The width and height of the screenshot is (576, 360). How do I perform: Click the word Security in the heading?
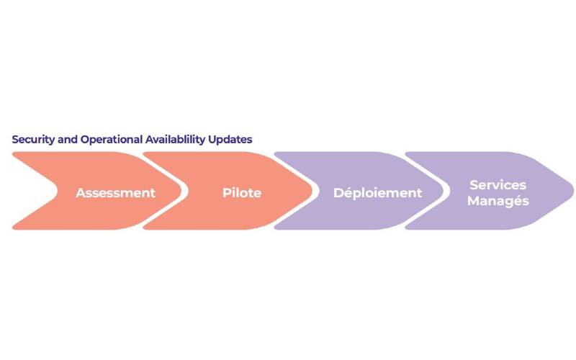tap(33, 140)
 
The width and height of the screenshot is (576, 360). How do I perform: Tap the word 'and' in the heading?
tap(68, 140)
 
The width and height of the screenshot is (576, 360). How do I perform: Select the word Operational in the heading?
tap(112, 140)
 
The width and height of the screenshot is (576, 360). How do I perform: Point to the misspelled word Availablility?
tap(175, 140)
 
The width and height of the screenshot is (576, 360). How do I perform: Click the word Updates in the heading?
tap(230, 140)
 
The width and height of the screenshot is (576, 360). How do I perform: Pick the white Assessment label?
tap(116, 193)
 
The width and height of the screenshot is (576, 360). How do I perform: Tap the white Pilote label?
tap(242, 193)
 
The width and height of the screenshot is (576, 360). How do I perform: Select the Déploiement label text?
tap(377, 193)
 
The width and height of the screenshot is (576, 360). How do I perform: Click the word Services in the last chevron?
tap(498, 185)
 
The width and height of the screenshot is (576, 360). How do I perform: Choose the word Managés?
tap(498, 201)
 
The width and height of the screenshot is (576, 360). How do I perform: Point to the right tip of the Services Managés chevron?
tap(573, 191)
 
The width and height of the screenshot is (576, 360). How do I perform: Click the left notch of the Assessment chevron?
tap(58, 191)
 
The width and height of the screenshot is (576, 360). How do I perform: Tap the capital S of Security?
tap(15, 140)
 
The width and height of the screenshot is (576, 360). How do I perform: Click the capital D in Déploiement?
tap(338, 193)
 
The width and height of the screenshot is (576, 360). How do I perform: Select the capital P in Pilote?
tap(227, 193)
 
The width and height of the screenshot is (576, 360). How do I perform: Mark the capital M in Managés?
tap(474, 201)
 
